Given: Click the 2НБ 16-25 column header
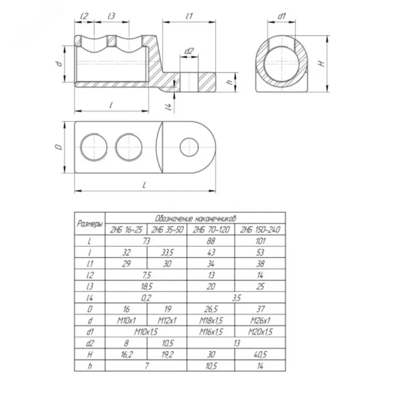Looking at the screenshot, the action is pos(126,230).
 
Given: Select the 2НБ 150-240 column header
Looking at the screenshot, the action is pos(260,230).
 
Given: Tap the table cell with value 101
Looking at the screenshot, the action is pos(260,241).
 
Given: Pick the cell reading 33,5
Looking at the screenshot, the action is pos(167,252).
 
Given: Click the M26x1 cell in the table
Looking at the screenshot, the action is pos(260,321).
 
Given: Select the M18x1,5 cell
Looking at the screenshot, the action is pos(211,321).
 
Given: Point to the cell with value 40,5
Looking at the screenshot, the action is pos(260,354).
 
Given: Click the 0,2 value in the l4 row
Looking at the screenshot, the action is pos(146,298).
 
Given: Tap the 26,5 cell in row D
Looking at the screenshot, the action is pos(211,309).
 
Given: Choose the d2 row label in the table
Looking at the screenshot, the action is pos(90,343).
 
